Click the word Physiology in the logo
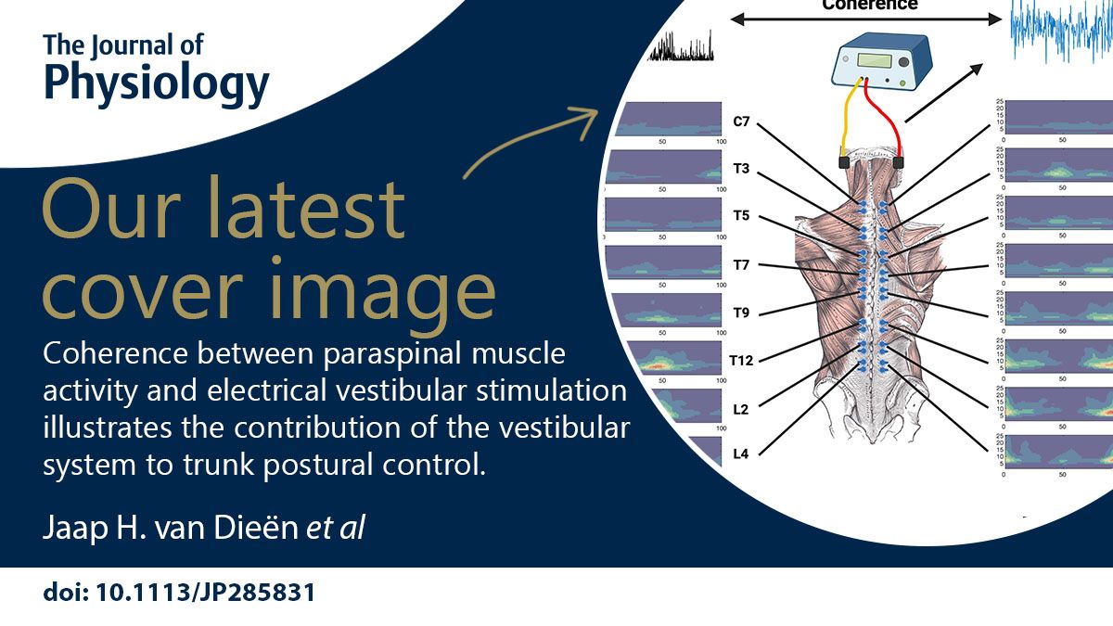(x=156, y=83)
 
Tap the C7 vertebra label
(x=741, y=121)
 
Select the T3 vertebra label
(x=741, y=170)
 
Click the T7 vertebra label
(x=741, y=265)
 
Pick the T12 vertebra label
(x=741, y=361)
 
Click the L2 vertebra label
(x=741, y=409)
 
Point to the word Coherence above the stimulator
(x=869, y=5)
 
